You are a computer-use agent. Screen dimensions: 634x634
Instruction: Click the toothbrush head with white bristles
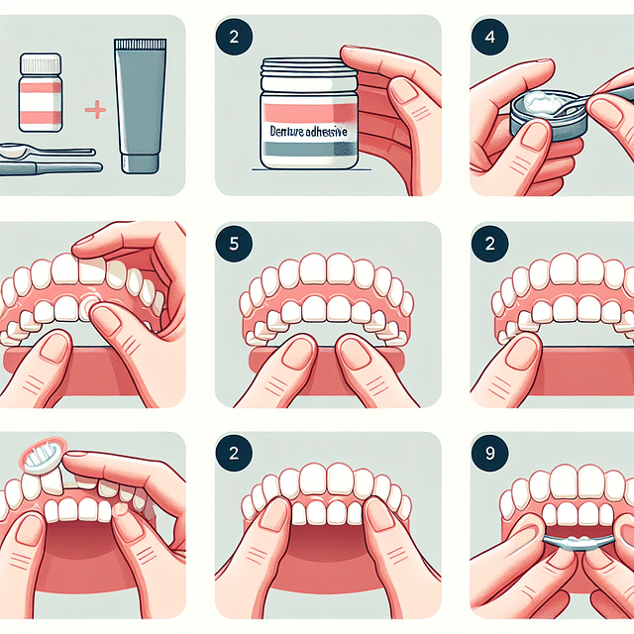41,456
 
